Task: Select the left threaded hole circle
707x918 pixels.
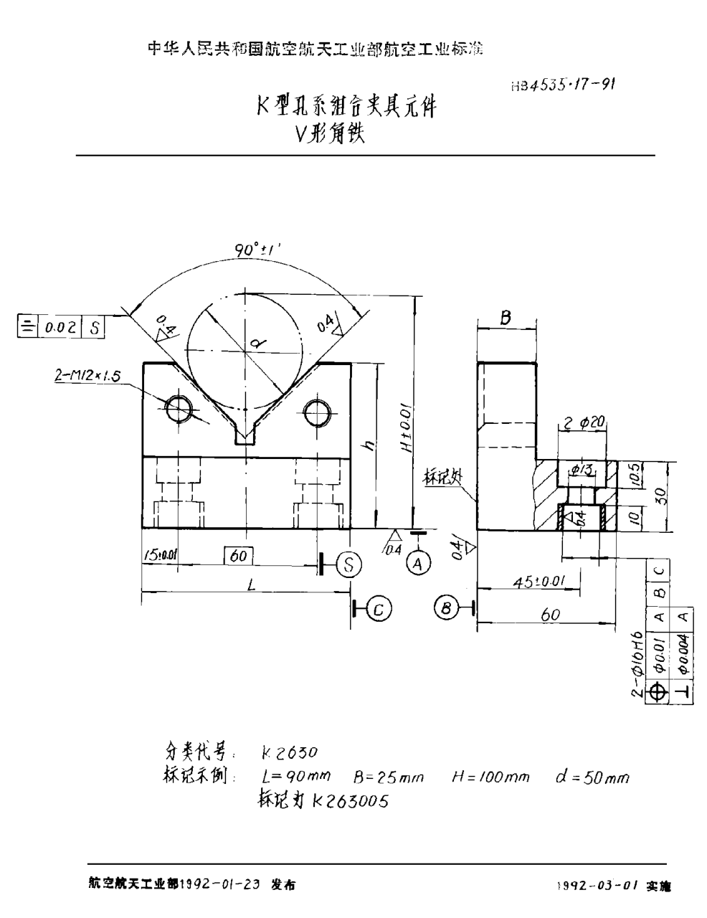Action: (178, 410)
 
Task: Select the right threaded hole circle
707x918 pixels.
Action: (317, 412)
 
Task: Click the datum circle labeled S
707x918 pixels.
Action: (348, 564)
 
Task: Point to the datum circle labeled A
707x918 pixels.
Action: (419, 562)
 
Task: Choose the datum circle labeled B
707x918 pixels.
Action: (445, 609)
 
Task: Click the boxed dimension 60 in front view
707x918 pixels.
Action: (239, 554)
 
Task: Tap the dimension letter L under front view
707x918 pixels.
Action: (250, 585)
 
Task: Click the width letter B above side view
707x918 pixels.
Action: (506, 318)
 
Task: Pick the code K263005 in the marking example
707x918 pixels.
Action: (350, 801)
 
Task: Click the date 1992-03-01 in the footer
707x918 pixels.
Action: (597, 886)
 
